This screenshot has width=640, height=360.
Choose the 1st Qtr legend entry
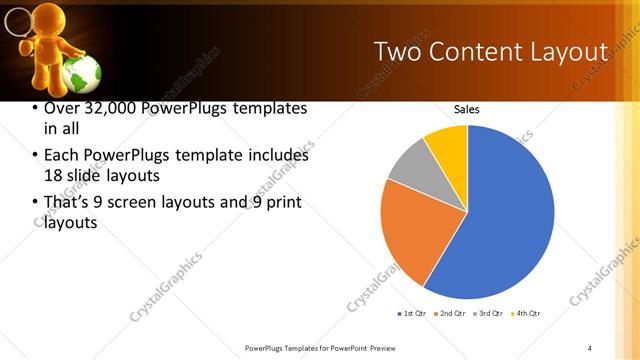(x=412, y=314)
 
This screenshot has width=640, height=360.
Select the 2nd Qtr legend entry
(x=452, y=314)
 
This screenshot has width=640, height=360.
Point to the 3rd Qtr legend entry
(x=490, y=314)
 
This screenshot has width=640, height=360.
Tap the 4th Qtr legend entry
(x=526, y=314)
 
